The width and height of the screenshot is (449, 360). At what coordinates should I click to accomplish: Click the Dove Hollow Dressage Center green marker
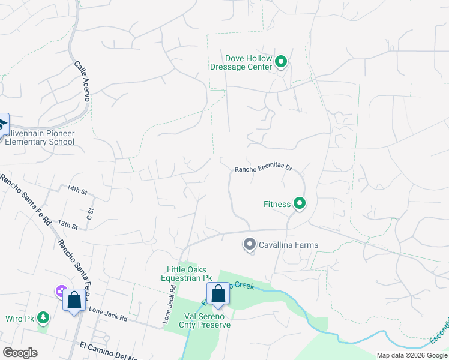point(280,62)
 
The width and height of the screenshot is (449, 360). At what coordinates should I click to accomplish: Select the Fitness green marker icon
point(299,204)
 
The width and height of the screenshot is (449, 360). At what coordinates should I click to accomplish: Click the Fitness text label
point(277,204)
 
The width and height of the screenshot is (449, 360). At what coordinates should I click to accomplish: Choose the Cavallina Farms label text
point(288,245)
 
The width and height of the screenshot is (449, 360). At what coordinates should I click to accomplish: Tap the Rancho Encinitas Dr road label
point(262,169)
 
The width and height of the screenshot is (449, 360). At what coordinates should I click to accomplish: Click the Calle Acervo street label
point(82,80)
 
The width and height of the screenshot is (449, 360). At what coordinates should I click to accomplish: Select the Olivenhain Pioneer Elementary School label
point(40,137)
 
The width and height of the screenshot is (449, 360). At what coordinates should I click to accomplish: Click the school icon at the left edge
point(2,125)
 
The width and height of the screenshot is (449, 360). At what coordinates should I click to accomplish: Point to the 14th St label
point(77,190)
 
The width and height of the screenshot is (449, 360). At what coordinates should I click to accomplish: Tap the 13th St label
point(68,226)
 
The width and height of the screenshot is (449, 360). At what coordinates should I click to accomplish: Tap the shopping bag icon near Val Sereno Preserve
point(218,293)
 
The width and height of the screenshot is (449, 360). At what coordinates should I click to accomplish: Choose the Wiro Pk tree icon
point(43,317)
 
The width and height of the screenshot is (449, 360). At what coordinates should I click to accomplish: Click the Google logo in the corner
point(20,353)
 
